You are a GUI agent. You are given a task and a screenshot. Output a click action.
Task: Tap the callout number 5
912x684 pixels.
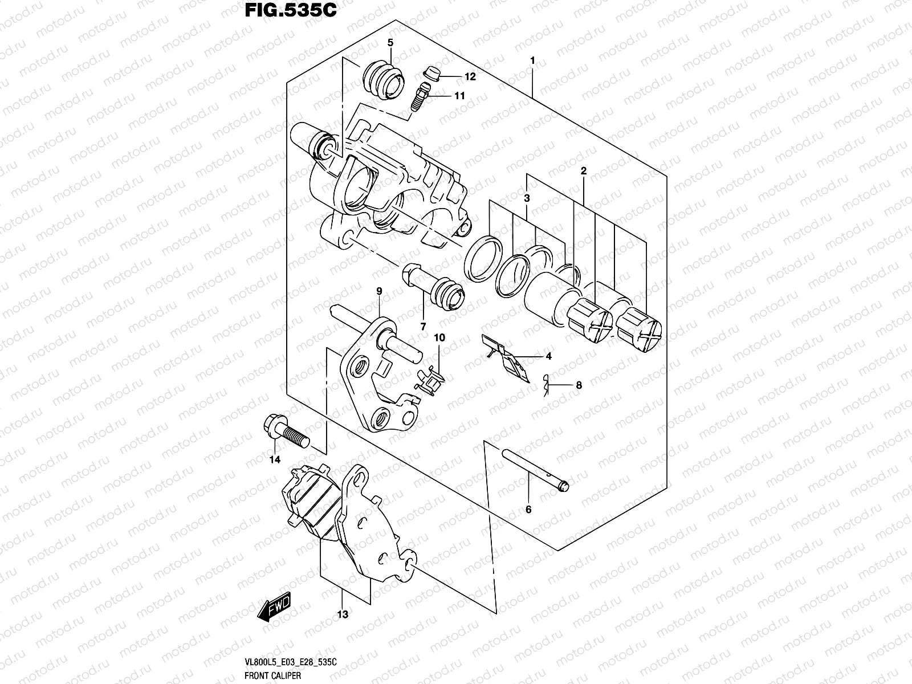pos(390,43)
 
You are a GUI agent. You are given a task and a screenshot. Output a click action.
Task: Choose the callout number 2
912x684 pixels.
pos(584,171)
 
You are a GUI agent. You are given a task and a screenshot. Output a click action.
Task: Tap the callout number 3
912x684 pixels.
pos(527,198)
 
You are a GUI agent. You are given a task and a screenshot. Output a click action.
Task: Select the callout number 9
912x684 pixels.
pos(379,291)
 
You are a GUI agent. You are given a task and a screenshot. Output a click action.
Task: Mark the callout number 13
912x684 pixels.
pos(343,614)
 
